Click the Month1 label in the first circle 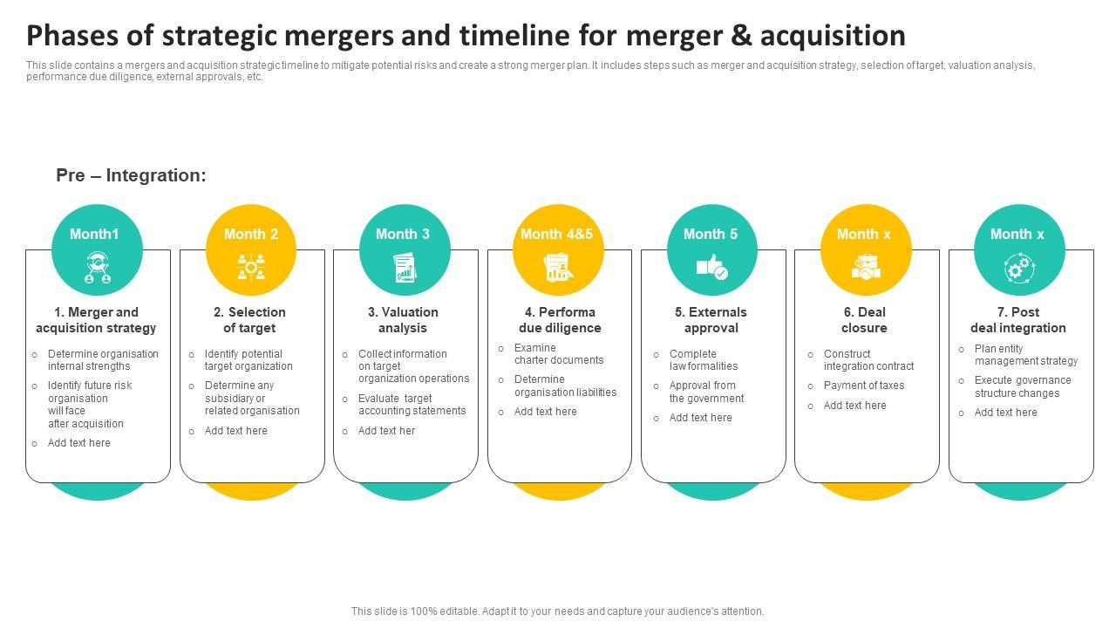(x=94, y=234)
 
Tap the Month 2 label (x=251, y=234)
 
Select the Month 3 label (x=403, y=234)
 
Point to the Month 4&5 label (x=556, y=234)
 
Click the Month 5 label (x=711, y=234)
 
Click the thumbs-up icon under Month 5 (x=711, y=268)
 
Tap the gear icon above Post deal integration (x=1017, y=269)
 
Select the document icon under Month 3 (x=404, y=268)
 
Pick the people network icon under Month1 (x=96, y=268)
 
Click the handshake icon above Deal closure (x=865, y=268)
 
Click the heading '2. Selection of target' (x=249, y=320)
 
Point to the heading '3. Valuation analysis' (x=403, y=320)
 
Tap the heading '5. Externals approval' (x=711, y=320)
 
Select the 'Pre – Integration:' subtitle (x=131, y=175)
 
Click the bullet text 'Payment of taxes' (x=863, y=386)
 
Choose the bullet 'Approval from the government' (x=706, y=392)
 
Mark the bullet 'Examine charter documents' (x=558, y=354)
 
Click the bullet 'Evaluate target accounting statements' (x=412, y=405)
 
